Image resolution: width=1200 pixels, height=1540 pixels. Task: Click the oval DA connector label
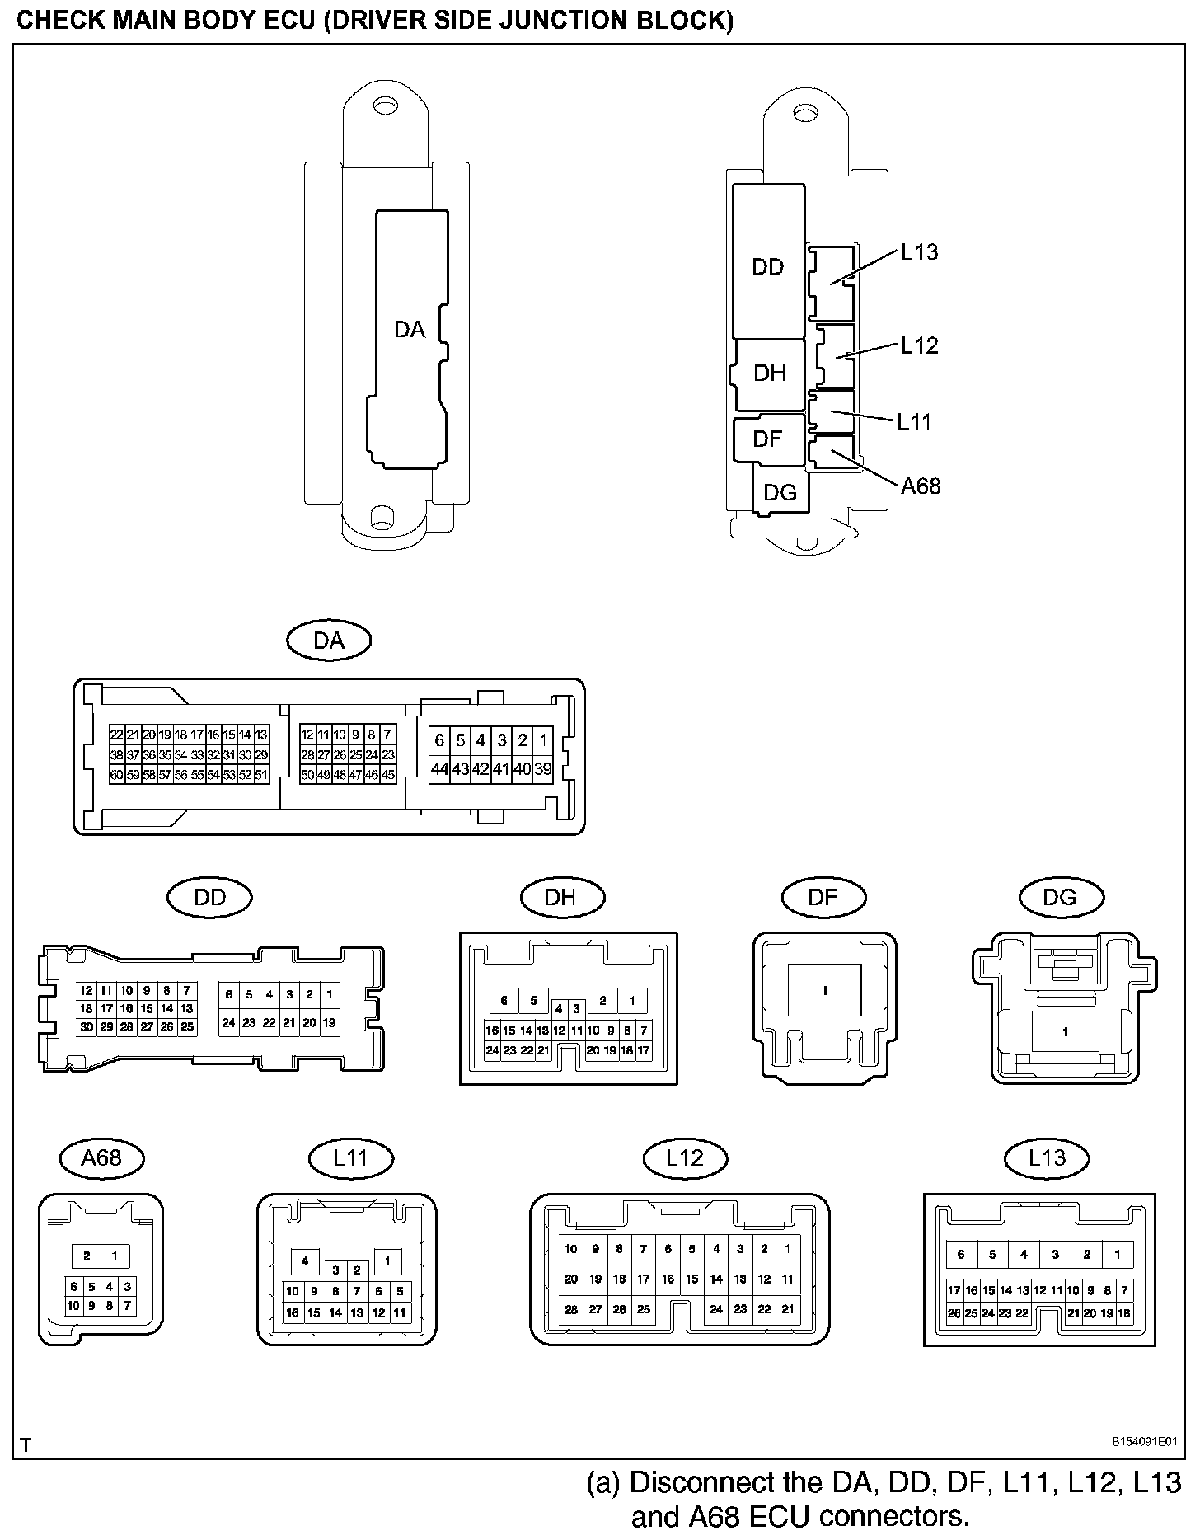point(329,641)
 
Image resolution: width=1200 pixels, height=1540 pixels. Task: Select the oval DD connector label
point(209,897)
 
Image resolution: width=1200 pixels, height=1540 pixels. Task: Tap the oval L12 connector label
point(685,1157)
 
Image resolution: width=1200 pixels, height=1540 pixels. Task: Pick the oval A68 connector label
point(102,1157)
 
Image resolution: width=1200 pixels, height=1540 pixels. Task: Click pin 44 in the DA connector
point(439,769)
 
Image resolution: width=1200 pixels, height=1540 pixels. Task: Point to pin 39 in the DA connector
point(542,769)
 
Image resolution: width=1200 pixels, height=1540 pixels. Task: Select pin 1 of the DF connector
point(824,991)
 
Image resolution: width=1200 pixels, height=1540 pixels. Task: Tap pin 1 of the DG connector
point(1065,1031)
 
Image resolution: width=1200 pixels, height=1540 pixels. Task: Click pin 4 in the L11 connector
point(305,1261)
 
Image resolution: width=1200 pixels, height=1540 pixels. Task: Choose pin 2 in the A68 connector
point(87,1256)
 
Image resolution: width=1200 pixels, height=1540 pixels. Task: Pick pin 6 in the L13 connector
point(961,1255)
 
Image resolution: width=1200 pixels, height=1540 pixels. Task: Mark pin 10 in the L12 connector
point(571,1249)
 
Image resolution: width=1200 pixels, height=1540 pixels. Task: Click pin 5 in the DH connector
point(533,1001)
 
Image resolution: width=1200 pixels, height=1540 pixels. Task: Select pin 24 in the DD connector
point(228,1023)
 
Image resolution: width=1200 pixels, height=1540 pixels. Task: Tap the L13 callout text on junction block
point(919,252)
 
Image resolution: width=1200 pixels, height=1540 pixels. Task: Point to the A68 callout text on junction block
point(921,486)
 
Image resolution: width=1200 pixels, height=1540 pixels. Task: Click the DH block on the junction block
point(770,373)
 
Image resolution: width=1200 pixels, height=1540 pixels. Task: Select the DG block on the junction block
point(780,493)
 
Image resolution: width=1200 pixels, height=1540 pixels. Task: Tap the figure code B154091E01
point(1145,1442)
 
